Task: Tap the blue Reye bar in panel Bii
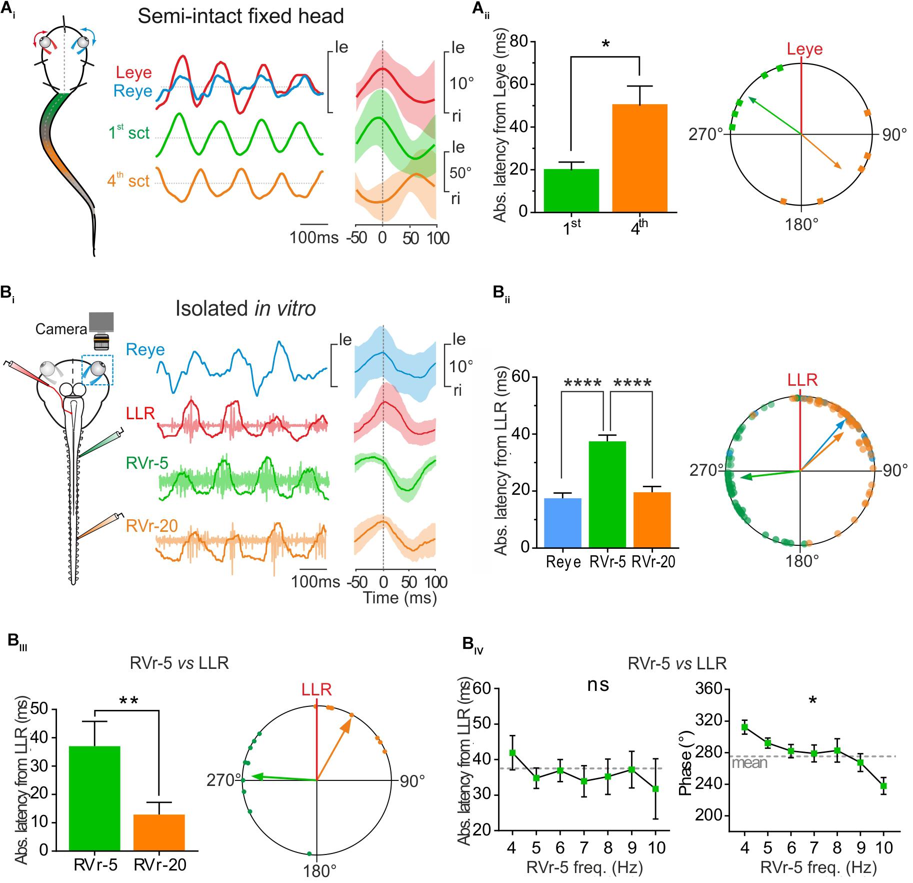coord(562,523)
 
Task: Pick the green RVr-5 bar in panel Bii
coord(607,494)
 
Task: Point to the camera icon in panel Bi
coord(101,330)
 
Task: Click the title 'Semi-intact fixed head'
coord(241,17)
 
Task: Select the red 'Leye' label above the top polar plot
coord(804,49)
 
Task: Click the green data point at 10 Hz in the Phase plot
coord(883,786)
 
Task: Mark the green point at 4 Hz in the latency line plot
coord(512,752)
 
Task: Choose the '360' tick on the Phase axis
coord(710,689)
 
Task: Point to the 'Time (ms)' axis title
coord(399,597)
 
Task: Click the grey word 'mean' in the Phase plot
coord(749,762)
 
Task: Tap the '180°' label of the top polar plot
coord(801,225)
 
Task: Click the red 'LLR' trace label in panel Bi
coord(140,413)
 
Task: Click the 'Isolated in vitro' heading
coord(245,309)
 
